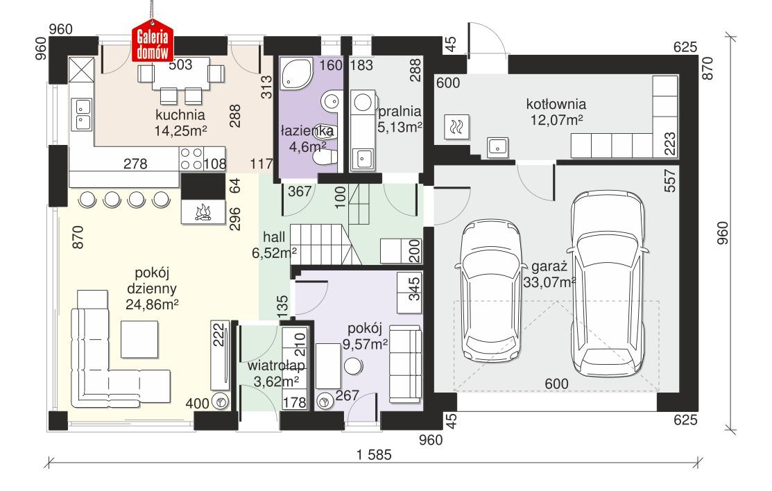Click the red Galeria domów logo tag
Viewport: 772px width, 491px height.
pos(153,45)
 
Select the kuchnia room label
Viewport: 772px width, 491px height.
pos(180,114)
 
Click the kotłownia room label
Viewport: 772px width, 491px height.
pos(556,105)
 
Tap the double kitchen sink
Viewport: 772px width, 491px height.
pos(82,115)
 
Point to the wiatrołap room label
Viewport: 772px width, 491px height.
pos(273,365)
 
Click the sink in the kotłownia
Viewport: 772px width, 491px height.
pos(497,146)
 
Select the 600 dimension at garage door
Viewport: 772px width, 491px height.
pos(556,384)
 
